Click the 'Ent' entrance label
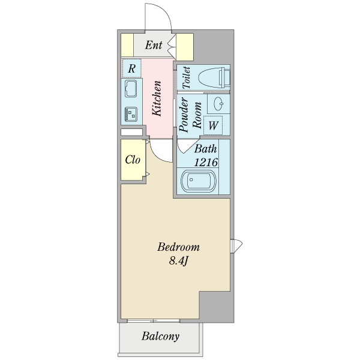tap(154, 45)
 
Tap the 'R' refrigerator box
tap(131, 68)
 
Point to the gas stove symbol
tap(131, 112)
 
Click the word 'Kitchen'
tap(157, 98)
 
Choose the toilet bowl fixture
tap(212, 77)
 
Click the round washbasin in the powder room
tap(219, 103)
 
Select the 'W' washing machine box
tap(213, 126)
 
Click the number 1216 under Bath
tap(205, 162)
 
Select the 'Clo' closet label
tap(133, 160)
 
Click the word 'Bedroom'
tap(178, 247)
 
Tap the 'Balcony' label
tap(160, 337)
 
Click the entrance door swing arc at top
tap(158, 17)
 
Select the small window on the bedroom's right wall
tap(235, 246)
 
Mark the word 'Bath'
tap(206, 149)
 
